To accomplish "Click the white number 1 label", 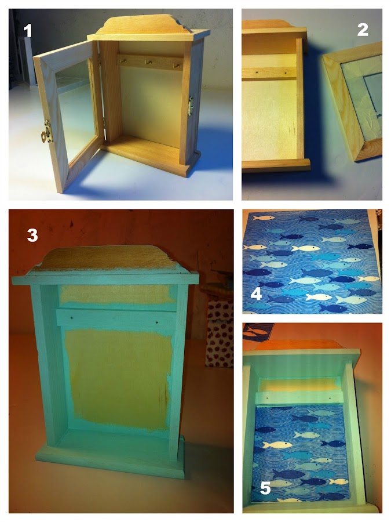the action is (x=27, y=31).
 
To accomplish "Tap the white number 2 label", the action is (x=363, y=30).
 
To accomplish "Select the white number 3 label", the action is (x=32, y=235).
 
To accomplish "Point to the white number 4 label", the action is (x=256, y=293).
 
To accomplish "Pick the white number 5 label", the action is (x=265, y=488).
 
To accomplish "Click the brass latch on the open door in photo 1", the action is (x=46, y=132).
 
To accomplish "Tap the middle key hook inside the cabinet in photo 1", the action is (x=149, y=62).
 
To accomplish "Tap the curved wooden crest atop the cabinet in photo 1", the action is (x=147, y=23).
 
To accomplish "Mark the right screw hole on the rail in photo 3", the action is (x=156, y=322).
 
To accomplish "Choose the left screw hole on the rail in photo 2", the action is (x=258, y=71).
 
